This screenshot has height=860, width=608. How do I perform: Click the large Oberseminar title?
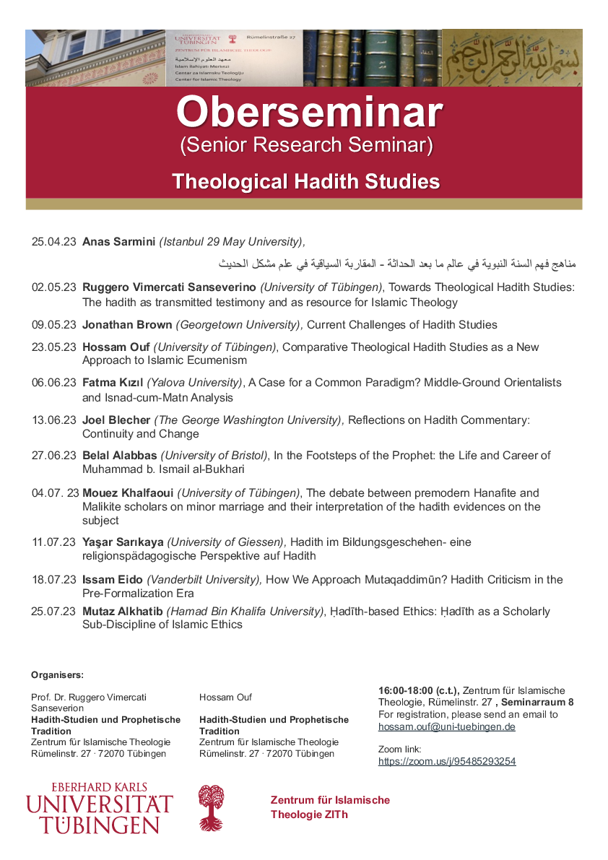tap(309, 113)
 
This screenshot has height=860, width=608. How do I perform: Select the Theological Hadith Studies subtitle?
tap(305, 181)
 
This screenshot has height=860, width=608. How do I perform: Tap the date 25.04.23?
tap(53, 241)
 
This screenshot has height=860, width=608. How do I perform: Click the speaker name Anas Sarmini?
tap(118, 241)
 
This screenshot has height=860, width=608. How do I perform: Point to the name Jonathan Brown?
tap(127, 325)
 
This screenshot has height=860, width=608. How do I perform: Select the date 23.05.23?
tap(53, 347)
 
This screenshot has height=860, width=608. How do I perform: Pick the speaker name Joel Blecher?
tap(116, 420)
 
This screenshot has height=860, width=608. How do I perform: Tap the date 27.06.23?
tap(53, 456)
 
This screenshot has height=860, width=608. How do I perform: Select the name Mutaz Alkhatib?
tap(123, 612)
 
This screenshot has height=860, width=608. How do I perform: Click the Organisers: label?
tap(57, 675)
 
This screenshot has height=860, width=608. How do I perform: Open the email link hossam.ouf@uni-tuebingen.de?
tap(446, 727)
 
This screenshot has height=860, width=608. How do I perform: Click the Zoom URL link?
tap(447, 762)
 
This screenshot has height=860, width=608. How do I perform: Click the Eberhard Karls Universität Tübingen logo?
tap(100, 808)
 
